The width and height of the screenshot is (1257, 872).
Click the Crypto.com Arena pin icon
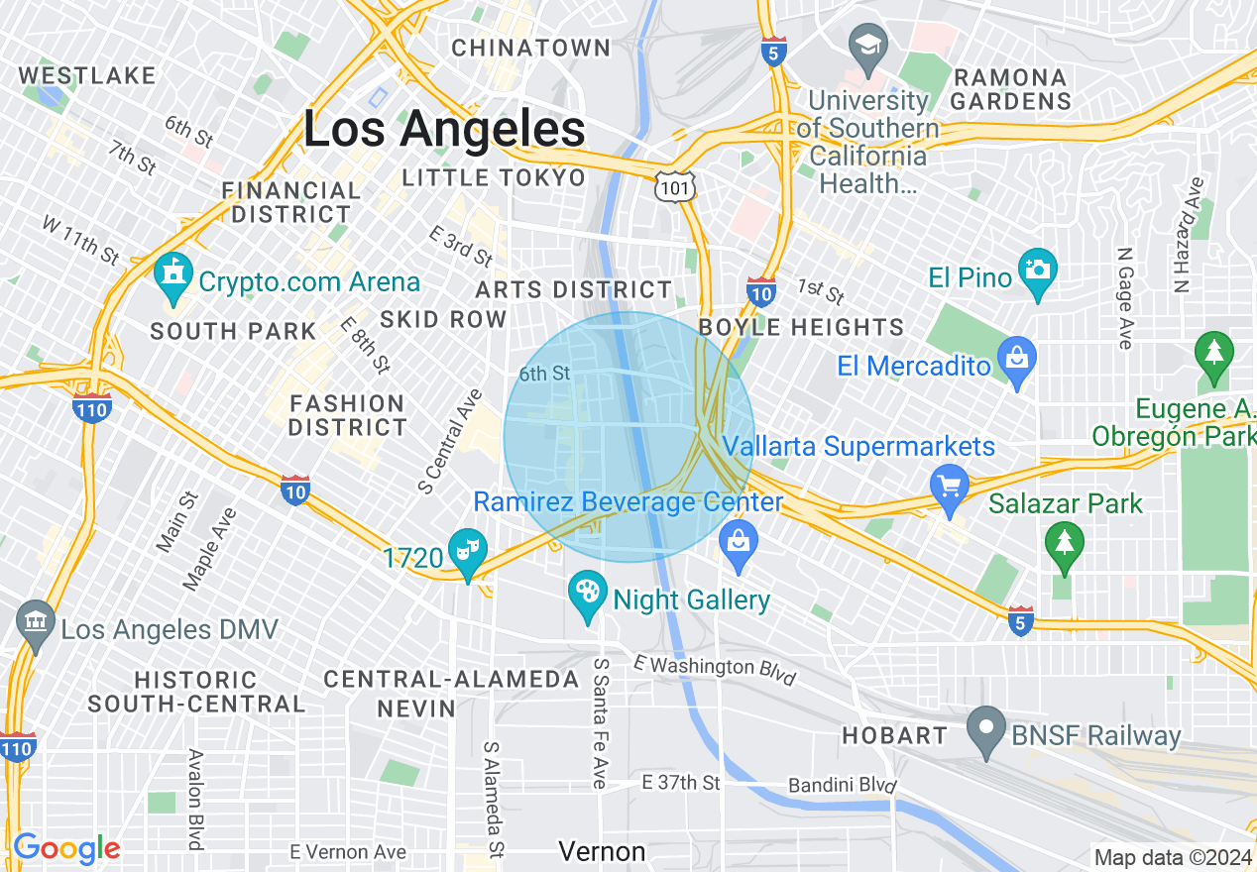172,273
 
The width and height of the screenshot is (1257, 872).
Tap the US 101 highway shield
674,185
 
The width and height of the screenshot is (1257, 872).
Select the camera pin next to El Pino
1037,271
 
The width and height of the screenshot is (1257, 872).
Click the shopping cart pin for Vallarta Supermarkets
950,487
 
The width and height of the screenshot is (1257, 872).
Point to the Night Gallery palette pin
588,595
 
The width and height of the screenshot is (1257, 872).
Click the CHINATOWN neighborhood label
531,48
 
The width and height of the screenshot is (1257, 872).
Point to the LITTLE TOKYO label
494,177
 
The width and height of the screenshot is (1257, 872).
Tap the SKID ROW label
443,319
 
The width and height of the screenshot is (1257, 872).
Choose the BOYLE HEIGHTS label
801,327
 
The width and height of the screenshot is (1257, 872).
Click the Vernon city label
602,851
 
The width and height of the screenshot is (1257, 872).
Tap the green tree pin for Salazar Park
1065,544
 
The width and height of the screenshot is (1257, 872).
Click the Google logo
66,848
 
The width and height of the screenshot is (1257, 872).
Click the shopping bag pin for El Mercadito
1017,358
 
